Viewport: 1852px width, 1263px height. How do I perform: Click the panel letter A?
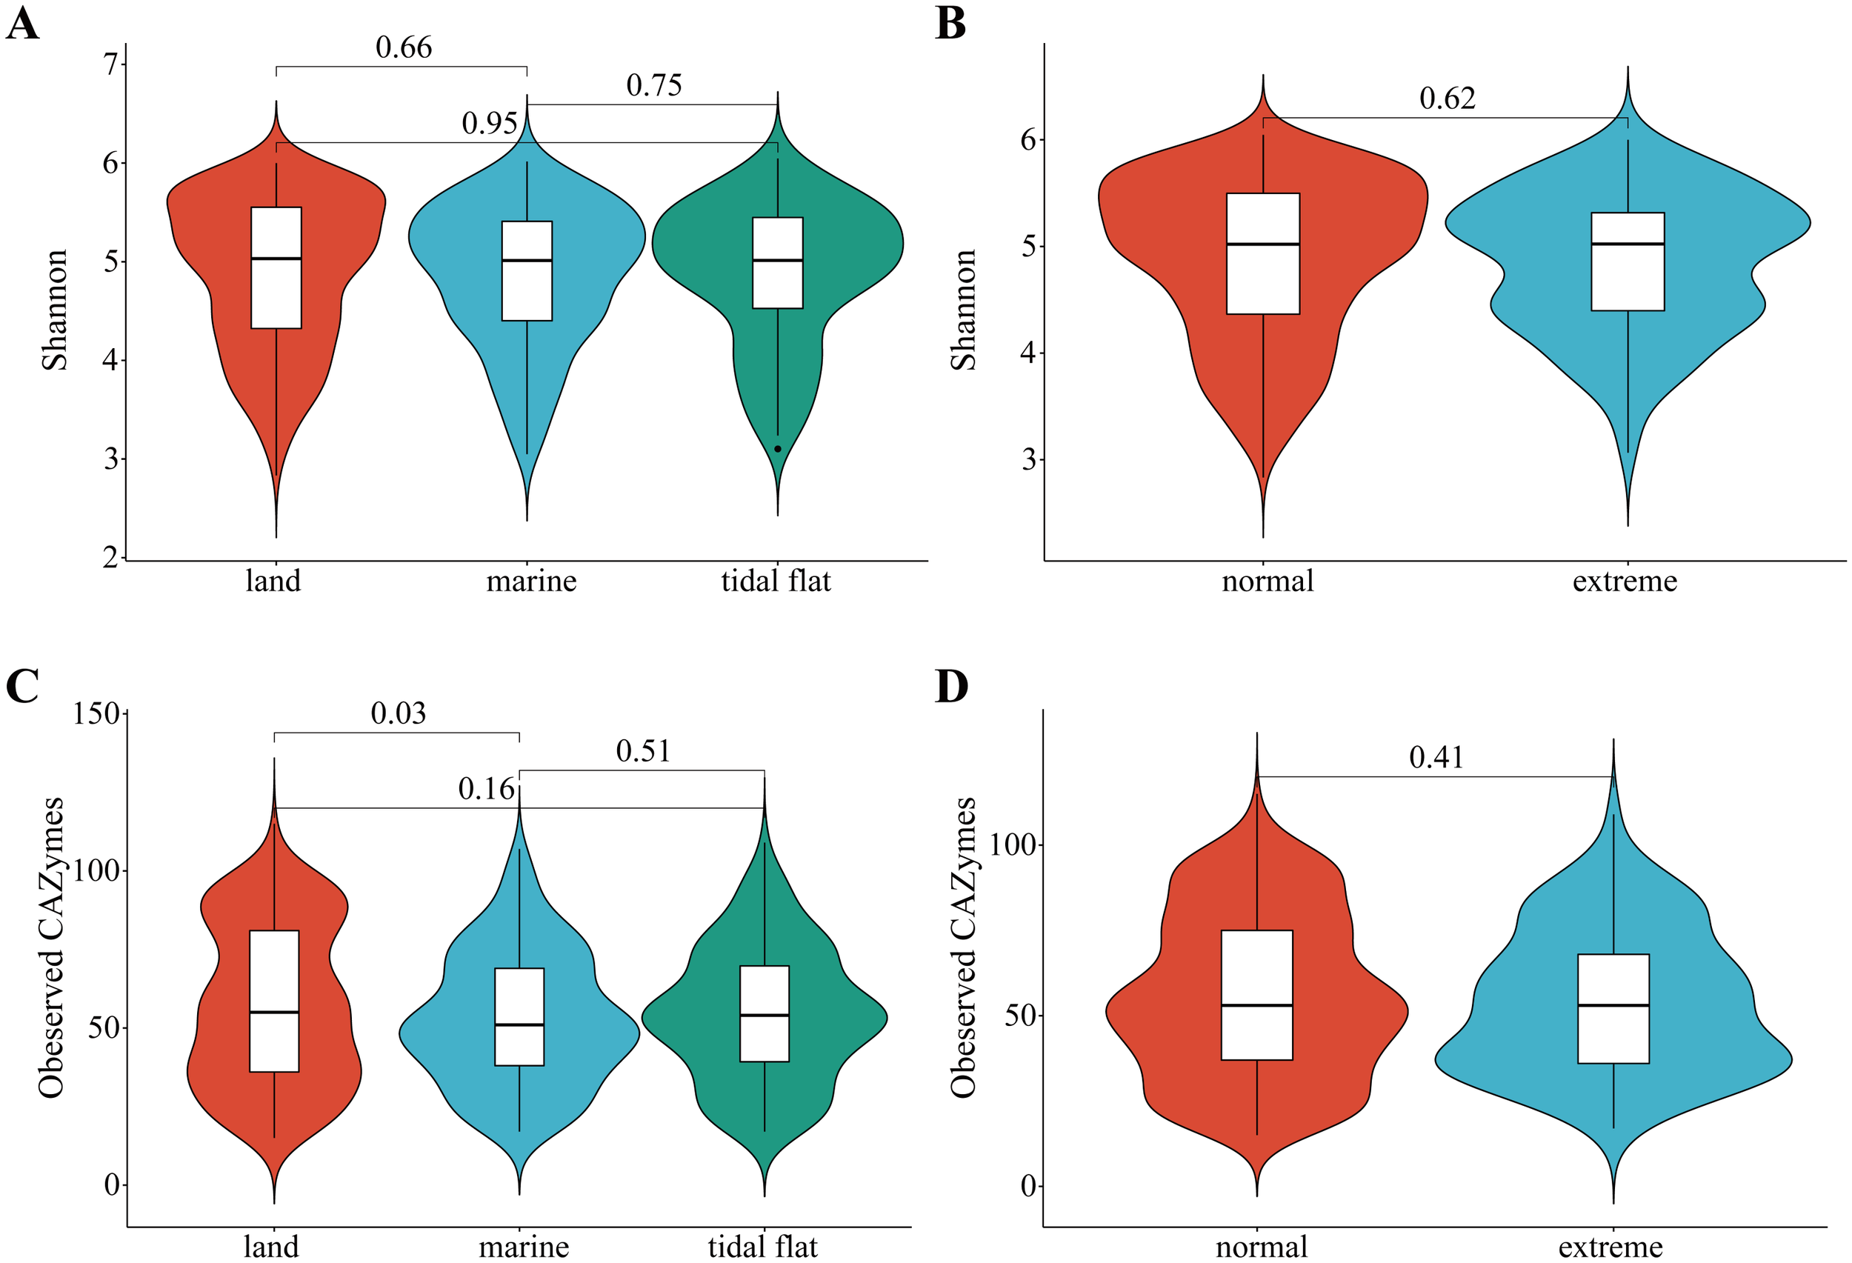pos(22,24)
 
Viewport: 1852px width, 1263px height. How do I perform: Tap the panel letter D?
pos(950,687)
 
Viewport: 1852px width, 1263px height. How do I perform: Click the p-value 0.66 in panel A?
pos(403,48)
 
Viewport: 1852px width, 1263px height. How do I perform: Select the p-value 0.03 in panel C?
pos(398,713)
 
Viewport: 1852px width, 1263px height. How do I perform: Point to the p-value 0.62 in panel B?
pos(1448,99)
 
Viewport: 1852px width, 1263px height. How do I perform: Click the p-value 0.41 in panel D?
pos(1436,758)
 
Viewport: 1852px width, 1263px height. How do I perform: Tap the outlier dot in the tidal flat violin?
pos(778,450)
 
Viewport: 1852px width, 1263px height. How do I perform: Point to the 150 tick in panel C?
pos(96,713)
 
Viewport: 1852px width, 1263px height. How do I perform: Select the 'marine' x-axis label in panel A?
pos(530,581)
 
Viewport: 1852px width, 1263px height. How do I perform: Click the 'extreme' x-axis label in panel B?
pos(1624,581)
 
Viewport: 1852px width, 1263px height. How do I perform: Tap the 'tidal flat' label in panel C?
pos(762,1246)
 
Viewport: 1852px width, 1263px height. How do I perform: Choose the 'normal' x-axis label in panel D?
pos(1262,1246)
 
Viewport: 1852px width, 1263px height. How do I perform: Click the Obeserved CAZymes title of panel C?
pos(51,947)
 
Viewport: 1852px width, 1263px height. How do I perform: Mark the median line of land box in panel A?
pos(276,259)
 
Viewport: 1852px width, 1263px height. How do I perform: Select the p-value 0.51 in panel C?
pos(642,751)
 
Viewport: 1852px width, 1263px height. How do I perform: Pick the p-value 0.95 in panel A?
pos(489,124)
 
